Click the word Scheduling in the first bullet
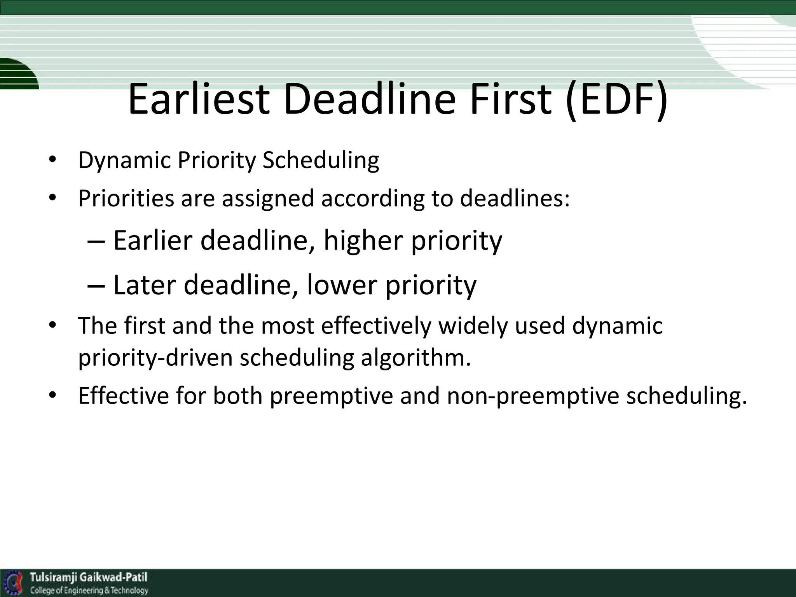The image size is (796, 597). click(321, 161)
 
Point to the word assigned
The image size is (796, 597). click(268, 198)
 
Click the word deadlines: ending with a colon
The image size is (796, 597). click(515, 198)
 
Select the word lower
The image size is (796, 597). click(342, 285)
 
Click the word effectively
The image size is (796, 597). click(376, 325)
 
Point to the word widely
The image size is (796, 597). click(473, 325)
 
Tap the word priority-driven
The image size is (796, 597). click(155, 358)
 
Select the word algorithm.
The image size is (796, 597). click(415, 358)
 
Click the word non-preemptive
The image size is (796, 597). click(533, 396)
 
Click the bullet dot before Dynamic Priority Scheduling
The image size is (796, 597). click(53, 161)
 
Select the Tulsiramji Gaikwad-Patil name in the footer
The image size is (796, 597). click(89, 577)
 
